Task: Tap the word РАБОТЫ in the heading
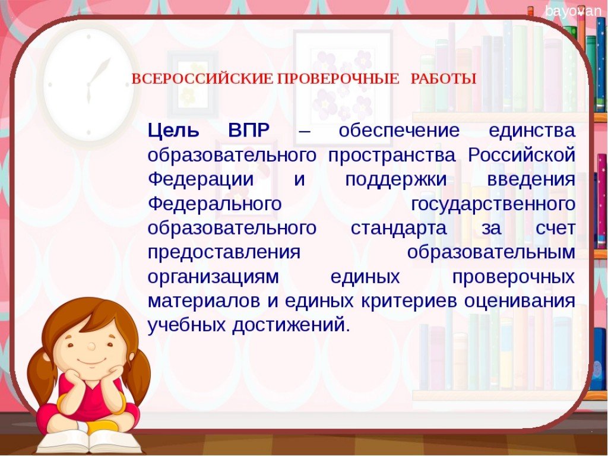click(x=443, y=79)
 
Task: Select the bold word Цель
click(x=174, y=131)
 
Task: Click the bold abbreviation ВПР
click(x=249, y=131)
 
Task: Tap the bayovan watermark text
click(x=573, y=11)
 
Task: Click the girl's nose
click(x=91, y=346)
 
